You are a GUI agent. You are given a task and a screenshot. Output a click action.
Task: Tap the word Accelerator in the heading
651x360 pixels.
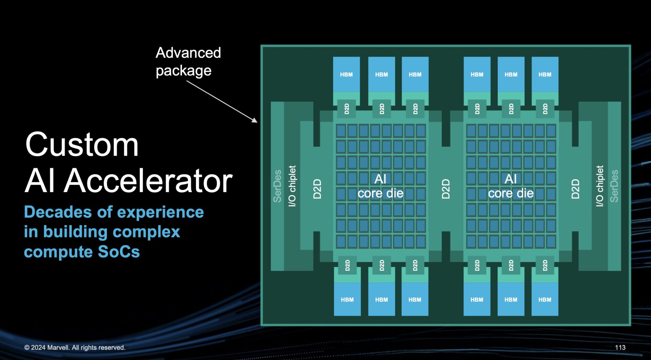[x=148, y=181]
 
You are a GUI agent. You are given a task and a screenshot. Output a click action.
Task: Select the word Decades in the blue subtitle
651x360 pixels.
[x=58, y=212]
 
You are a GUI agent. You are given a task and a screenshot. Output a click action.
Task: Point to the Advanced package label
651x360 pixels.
[x=188, y=61]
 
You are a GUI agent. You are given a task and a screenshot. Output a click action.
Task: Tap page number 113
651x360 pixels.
[x=620, y=347]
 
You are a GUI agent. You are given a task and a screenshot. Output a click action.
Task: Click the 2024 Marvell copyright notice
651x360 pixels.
[x=75, y=347]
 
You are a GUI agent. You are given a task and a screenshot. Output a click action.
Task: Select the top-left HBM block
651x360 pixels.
[x=346, y=75]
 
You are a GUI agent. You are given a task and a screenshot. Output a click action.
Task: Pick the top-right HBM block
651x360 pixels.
[x=545, y=75]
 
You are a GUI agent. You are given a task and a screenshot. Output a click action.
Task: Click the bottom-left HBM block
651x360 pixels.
[x=347, y=300]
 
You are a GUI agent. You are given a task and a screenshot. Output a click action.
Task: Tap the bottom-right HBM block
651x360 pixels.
[x=545, y=300]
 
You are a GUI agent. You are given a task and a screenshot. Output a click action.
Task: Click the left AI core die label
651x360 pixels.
[x=380, y=186]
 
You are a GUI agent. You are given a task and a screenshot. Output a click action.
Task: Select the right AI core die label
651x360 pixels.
[x=511, y=186]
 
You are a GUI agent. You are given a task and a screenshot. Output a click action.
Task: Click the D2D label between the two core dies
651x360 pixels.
[x=446, y=189]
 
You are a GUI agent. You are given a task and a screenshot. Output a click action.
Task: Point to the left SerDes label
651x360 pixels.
[x=277, y=186]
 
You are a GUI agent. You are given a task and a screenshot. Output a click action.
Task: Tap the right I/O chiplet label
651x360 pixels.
[x=599, y=186]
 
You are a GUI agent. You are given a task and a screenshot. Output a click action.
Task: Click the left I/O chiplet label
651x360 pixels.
[x=292, y=186]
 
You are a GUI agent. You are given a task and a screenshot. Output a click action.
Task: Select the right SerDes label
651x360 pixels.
[x=614, y=186]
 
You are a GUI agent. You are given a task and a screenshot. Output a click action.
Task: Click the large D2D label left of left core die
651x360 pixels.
[x=317, y=189]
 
